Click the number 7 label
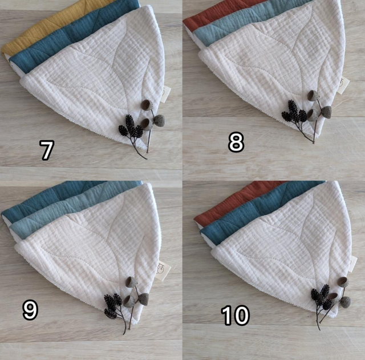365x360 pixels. click(x=47, y=150)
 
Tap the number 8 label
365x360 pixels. click(x=236, y=142)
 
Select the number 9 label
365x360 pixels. click(x=30, y=310)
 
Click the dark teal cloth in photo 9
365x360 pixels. click(x=47, y=200)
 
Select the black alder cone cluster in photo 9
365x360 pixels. click(x=113, y=305)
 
